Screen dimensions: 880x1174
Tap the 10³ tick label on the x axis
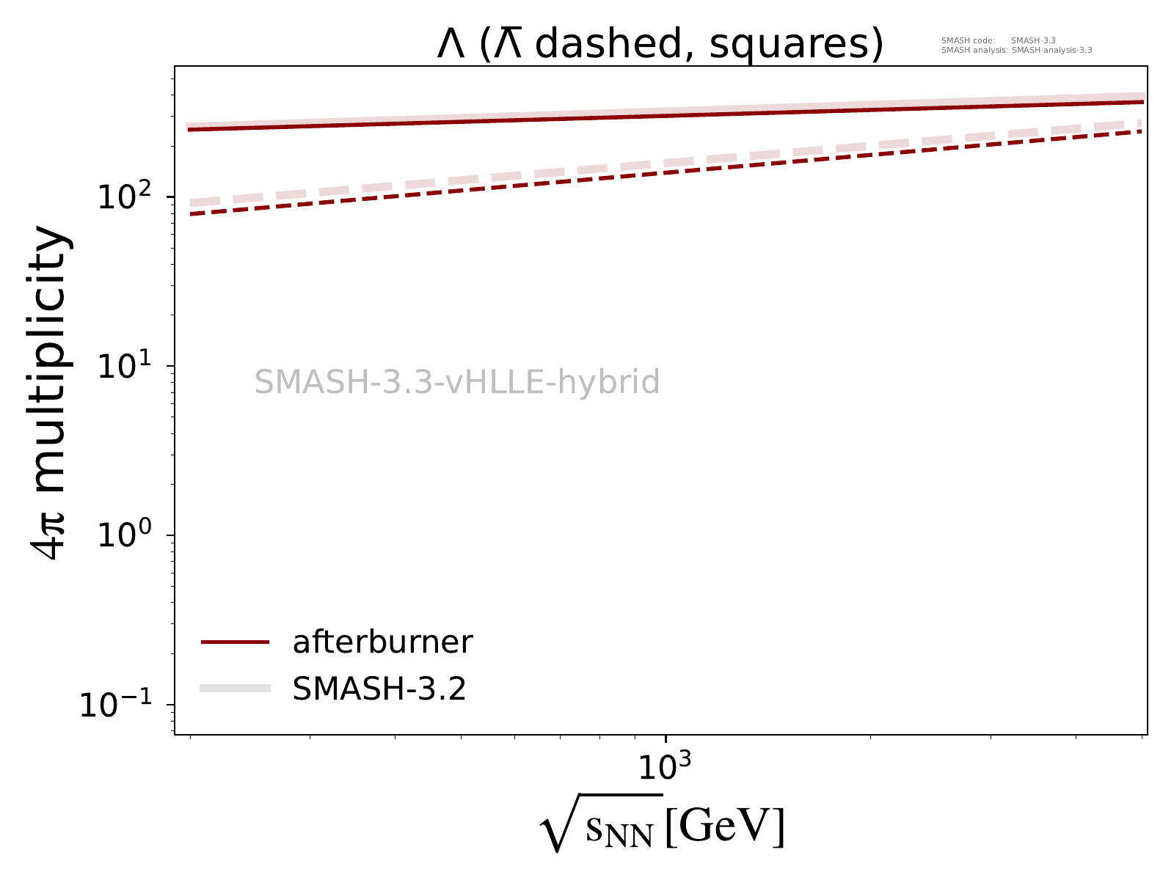tap(664, 767)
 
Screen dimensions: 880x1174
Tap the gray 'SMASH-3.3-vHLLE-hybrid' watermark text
tap(457, 383)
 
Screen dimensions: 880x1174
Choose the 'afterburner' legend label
tap(382, 642)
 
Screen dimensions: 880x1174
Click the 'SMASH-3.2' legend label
tap(379, 689)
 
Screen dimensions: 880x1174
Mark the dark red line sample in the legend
tap(236, 642)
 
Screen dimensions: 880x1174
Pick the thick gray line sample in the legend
tap(236, 688)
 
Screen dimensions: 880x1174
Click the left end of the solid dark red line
tap(190, 130)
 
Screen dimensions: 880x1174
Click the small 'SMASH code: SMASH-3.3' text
tap(998, 40)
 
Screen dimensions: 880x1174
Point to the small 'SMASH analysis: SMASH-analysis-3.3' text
tap(1016, 51)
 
